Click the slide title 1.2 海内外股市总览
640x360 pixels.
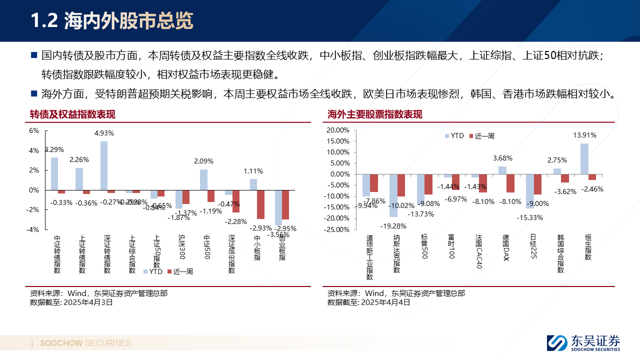coord(111,21)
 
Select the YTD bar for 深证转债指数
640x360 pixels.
coord(104,165)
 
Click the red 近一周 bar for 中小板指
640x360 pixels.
coord(260,204)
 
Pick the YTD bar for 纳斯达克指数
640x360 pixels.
coord(393,195)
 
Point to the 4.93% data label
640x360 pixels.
coord(104,133)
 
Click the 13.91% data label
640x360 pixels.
coord(584,135)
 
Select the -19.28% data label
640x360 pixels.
coord(393,225)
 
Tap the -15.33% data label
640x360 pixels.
coord(530,217)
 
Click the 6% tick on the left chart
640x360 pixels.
coord(34,131)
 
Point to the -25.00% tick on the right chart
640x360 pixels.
coord(337,229)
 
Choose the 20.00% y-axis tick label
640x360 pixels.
coord(338,130)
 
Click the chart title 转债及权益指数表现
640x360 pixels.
coord(72,114)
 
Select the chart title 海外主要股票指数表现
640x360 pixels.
coord(375,114)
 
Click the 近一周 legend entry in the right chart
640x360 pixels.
coord(484,136)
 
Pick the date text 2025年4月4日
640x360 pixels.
coord(385,302)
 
